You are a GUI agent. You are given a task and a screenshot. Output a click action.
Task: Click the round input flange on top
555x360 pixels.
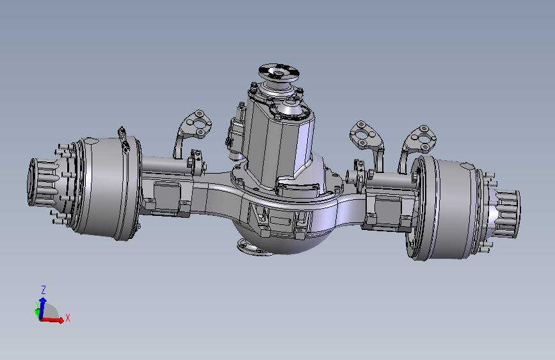pyautogui.click(x=279, y=72)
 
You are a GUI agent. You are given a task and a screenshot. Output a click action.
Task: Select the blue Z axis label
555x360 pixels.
pyautogui.click(x=44, y=290)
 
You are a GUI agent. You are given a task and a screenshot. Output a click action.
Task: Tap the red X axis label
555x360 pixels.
pyautogui.click(x=68, y=318)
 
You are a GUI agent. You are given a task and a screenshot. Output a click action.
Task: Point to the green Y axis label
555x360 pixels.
pyautogui.click(x=37, y=305)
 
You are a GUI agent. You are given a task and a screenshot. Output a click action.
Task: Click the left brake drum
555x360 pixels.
pyautogui.click(x=106, y=188)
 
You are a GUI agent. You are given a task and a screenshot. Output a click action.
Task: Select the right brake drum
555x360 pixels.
pyautogui.click(x=446, y=209)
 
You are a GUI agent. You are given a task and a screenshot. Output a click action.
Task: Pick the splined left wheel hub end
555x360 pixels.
pyautogui.click(x=44, y=182)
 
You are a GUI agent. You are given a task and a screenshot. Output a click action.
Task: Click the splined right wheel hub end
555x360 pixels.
pyautogui.click(x=504, y=213)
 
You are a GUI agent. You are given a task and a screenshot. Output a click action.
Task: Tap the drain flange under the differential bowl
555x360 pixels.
pyautogui.click(x=252, y=247)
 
